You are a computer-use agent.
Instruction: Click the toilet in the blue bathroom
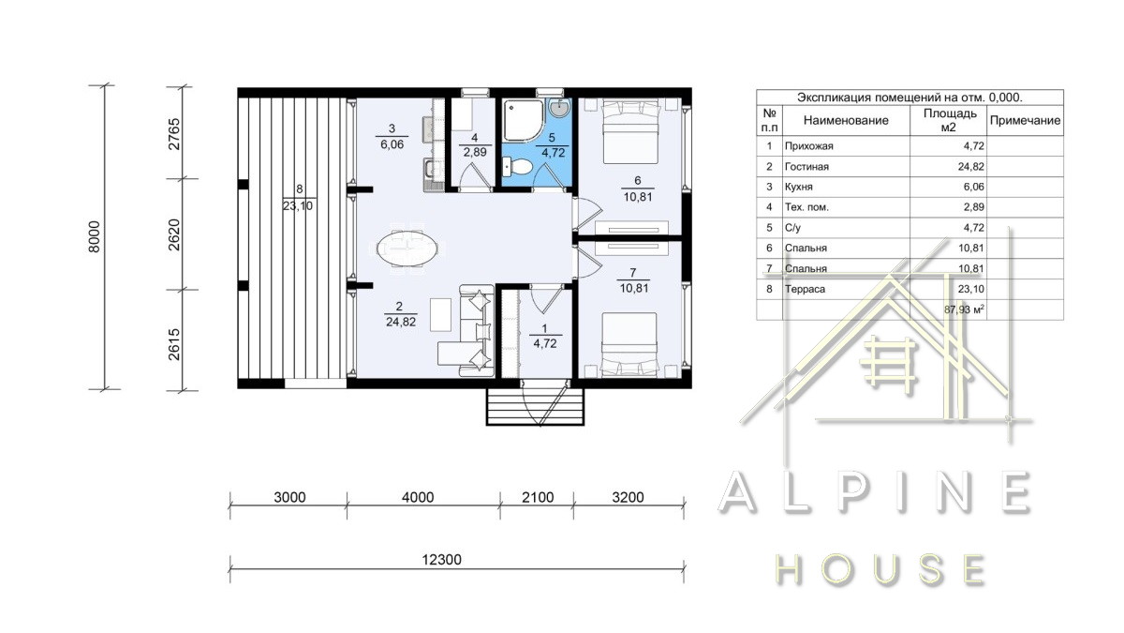517,167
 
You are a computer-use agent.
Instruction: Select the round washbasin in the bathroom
559,107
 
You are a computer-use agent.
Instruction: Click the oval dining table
407,249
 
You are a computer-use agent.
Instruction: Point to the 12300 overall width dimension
441,560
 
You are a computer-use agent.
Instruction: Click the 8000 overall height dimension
95,236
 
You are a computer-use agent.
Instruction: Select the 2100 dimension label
538,497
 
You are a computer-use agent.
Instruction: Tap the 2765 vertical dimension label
173,134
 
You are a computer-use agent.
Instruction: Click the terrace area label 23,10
298,206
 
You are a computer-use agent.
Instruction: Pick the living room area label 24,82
401,322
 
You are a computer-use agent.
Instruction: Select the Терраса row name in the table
805,290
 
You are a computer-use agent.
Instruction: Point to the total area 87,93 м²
964,309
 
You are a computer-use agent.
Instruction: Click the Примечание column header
1025,121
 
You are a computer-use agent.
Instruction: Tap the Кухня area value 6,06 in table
973,187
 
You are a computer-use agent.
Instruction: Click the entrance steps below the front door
536,407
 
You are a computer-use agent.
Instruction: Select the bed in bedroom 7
629,345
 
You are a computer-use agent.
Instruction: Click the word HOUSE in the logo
880,570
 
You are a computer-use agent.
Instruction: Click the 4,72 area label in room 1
544,344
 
